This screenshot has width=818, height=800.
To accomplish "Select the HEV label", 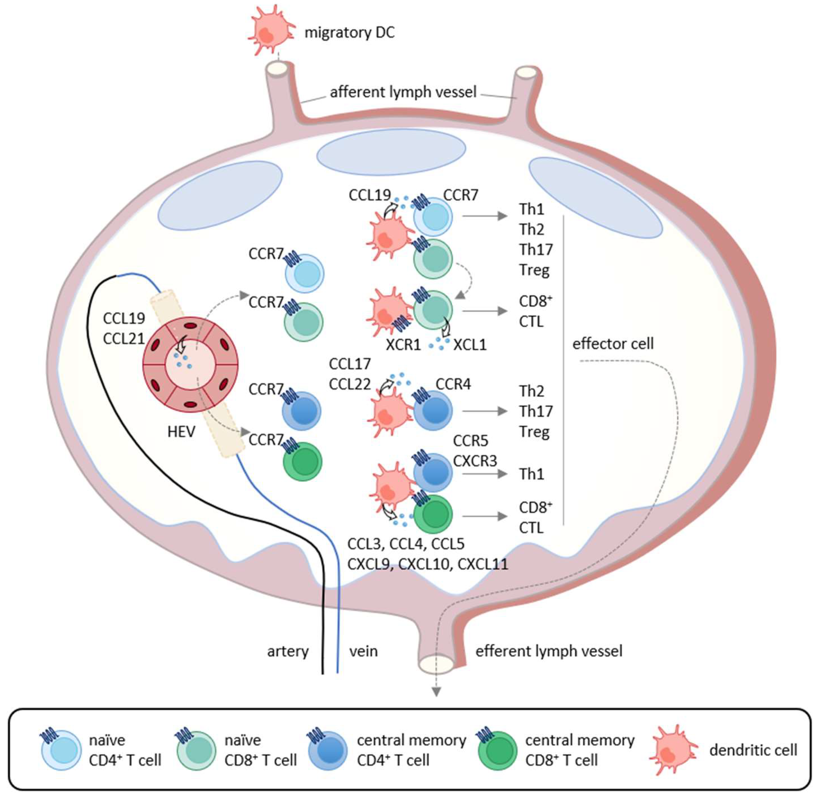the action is pos(181,432).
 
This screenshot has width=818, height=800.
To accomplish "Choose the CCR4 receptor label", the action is pos(453,384).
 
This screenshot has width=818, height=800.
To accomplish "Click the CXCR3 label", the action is pos(475,461).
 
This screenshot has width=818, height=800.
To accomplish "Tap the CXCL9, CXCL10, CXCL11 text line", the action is pos(428,564).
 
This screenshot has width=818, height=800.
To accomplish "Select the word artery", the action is pos(288,651).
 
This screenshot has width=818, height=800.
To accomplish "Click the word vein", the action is pos(363,651).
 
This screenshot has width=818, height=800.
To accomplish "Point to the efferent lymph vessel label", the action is pos(549,651).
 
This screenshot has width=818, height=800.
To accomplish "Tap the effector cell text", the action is pos(613,344).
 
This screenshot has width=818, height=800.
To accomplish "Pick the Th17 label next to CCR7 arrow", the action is pos(536,250).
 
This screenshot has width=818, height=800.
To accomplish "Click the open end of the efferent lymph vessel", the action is pos(436,665).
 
